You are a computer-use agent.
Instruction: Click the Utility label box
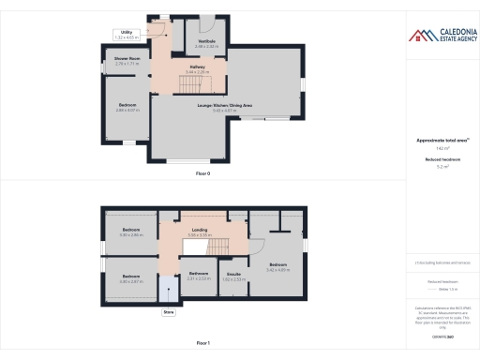pyautogui.click(x=127, y=34)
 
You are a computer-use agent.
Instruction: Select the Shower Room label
pyautogui.click(x=127, y=62)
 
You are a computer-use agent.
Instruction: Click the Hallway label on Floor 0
pyautogui.click(x=198, y=68)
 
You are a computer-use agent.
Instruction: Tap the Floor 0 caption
pyautogui.click(x=202, y=174)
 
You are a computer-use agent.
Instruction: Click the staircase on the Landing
pyautogui.click(x=217, y=246)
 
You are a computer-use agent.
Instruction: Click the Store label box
pyautogui.click(x=169, y=311)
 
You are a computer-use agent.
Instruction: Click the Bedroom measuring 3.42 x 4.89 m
pyautogui.click(x=278, y=266)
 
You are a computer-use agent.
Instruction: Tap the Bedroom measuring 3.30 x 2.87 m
pyautogui.click(x=130, y=277)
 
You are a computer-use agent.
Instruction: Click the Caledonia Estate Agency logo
pyautogui.click(x=442, y=37)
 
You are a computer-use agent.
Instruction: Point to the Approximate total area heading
pyautogui.click(x=441, y=141)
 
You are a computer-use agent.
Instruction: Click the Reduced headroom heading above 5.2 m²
pyautogui.click(x=441, y=160)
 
